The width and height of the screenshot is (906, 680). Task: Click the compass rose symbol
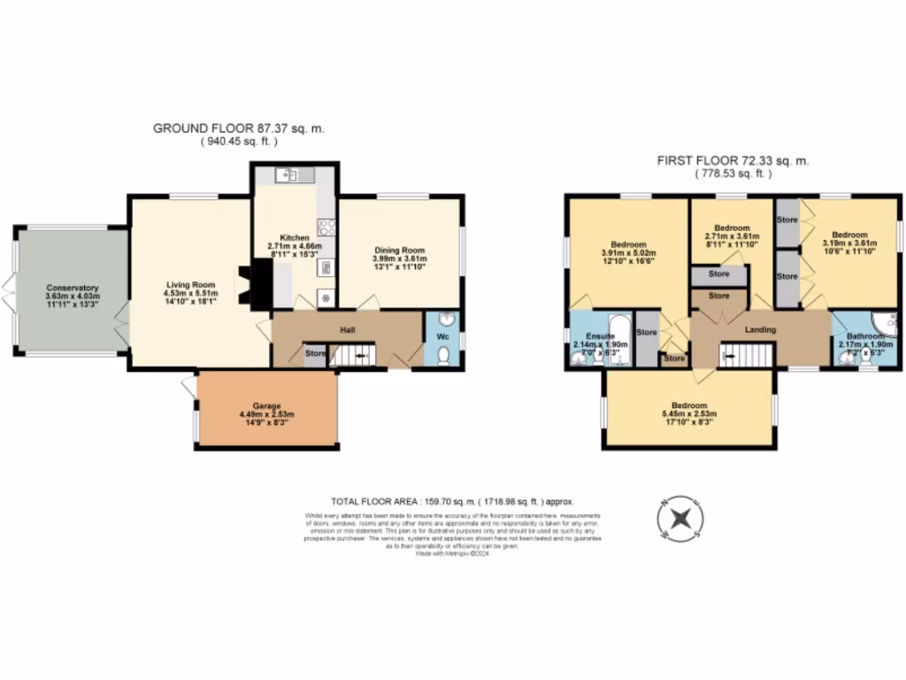pyautogui.click(x=680, y=518)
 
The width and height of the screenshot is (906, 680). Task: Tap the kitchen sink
pyautogui.click(x=288, y=175)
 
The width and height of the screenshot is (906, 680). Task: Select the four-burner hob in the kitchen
pyautogui.click(x=326, y=226)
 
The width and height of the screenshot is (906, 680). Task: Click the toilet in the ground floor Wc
pyautogui.click(x=444, y=354)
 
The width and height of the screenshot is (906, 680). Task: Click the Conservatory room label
pyautogui.click(x=73, y=288)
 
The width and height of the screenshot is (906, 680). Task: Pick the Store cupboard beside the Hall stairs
pyautogui.click(x=315, y=354)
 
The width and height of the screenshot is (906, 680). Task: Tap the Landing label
pyautogui.click(x=760, y=330)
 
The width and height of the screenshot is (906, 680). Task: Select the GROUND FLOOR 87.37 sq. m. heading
pyautogui.click(x=239, y=128)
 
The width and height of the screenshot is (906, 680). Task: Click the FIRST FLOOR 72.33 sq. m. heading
pyautogui.click(x=733, y=161)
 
